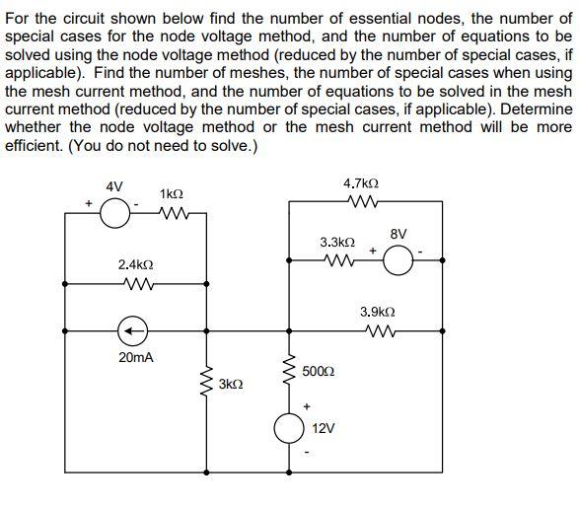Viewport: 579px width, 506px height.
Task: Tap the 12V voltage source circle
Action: pyautogui.click(x=289, y=428)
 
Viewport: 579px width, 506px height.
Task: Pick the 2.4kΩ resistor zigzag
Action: pyautogui.click(x=135, y=285)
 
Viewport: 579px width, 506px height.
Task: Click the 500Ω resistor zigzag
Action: pyautogui.click(x=289, y=370)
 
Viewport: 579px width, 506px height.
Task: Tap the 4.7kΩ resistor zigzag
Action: pyautogui.click(x=361, y=204)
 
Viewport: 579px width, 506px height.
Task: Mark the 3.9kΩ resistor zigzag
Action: pyautogui.click(x=379, y=330)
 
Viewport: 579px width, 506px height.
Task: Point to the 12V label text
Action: pyautogui.click(x=323, y=430)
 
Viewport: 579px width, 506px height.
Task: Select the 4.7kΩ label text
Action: pyautogui.click(x=361, y=184)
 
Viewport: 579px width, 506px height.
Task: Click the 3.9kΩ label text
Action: pyautogui.click(x=379, y=311)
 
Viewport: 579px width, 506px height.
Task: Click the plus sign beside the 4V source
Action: pyautogui.click(x=88, y=204)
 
